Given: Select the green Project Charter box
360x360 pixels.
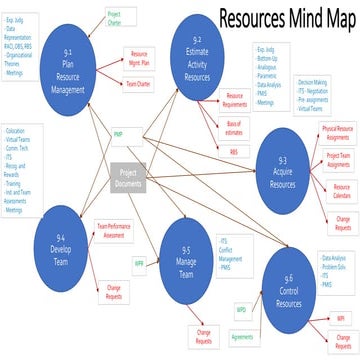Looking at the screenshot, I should point(118,18).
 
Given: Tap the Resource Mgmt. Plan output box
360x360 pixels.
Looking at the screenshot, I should point(139,58).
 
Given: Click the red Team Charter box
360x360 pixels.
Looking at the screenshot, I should point(139,87).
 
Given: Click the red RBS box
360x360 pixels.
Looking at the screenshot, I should point(233,151).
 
